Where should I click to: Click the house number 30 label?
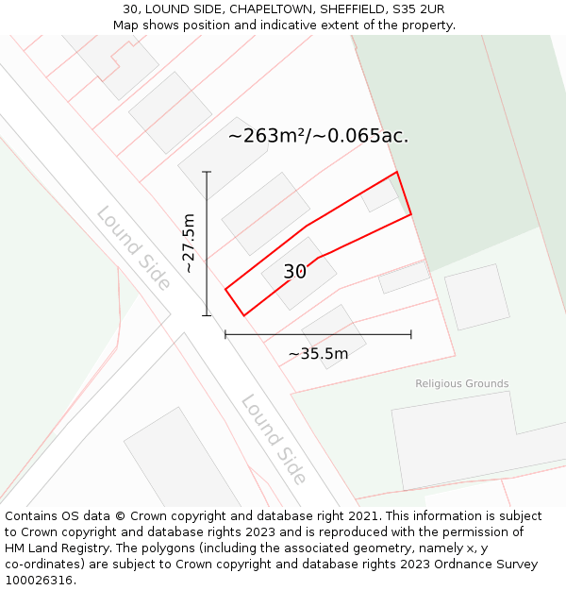click(294, 272)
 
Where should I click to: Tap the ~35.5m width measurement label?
click(318, 354)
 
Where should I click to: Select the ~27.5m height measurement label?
click(190, 244)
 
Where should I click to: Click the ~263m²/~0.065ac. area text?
click(318, 135)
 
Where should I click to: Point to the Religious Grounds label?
click(461, 383)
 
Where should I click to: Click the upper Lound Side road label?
click(133, 248)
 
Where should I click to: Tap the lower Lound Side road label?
click(274, 439)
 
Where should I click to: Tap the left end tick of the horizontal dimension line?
click(225, 334)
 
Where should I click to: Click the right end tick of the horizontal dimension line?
click(411, 334)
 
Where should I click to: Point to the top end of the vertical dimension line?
click(207, 172)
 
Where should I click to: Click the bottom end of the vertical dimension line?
click(207, 315)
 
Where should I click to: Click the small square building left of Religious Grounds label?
click(476, 296)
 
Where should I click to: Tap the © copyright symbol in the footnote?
click(120, 516)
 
